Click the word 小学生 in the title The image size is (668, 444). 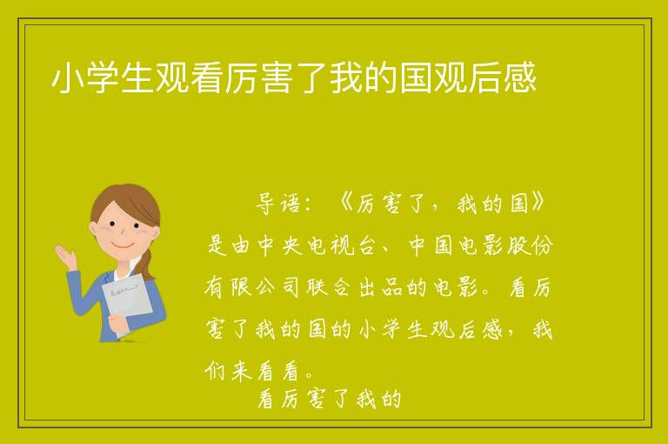pyautogui.click(x=103, y=78)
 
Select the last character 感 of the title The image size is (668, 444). pyautogui.click(x=519, y=78)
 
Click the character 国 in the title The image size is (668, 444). pyautogui.click(x=416, y=78)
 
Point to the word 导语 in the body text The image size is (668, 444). pyautogui.click(x=277, y=204)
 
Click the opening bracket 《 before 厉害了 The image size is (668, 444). pyautogui.click(x=345, y=204)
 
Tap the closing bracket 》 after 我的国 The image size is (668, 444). pyautogui.click(x=538, y=203)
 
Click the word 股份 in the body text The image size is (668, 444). pyautogui.click(x=530, y=246)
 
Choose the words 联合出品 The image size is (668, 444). pyautogui.click(x=355, y=287)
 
